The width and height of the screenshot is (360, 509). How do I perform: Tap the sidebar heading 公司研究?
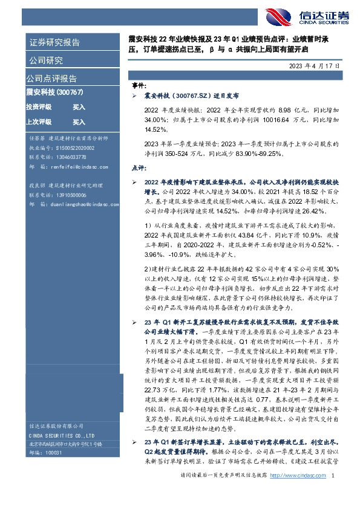(45, 60)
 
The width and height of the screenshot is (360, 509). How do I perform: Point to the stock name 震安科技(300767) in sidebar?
(54, 92)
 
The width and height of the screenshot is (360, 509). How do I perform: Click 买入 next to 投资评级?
(79, 107)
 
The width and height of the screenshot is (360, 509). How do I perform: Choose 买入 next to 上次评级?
(79, 122)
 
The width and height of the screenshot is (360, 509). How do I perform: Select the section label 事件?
(139, 86)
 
